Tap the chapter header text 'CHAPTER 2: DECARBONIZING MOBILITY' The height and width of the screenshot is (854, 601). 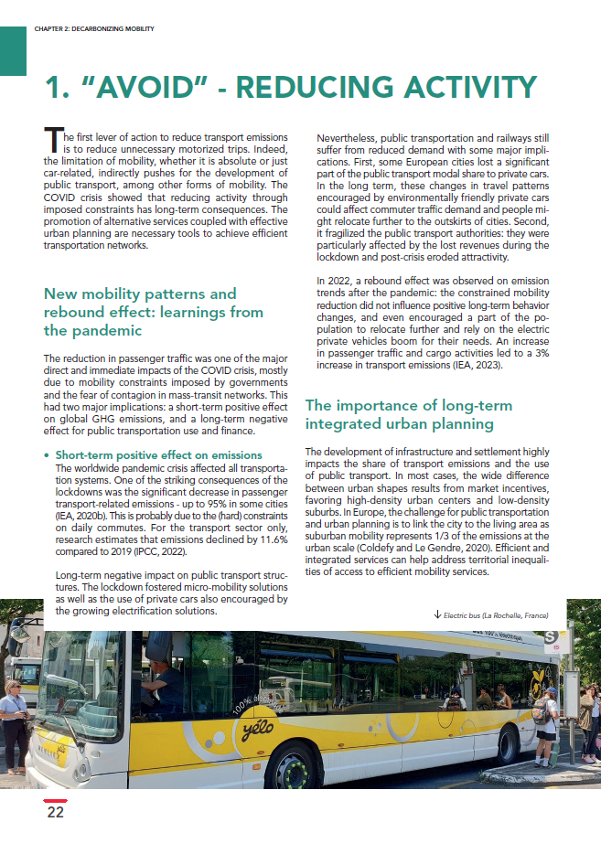(93, 29)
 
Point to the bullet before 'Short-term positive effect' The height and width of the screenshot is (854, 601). (47, 454)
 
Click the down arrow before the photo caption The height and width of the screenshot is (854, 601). (438, 617)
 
